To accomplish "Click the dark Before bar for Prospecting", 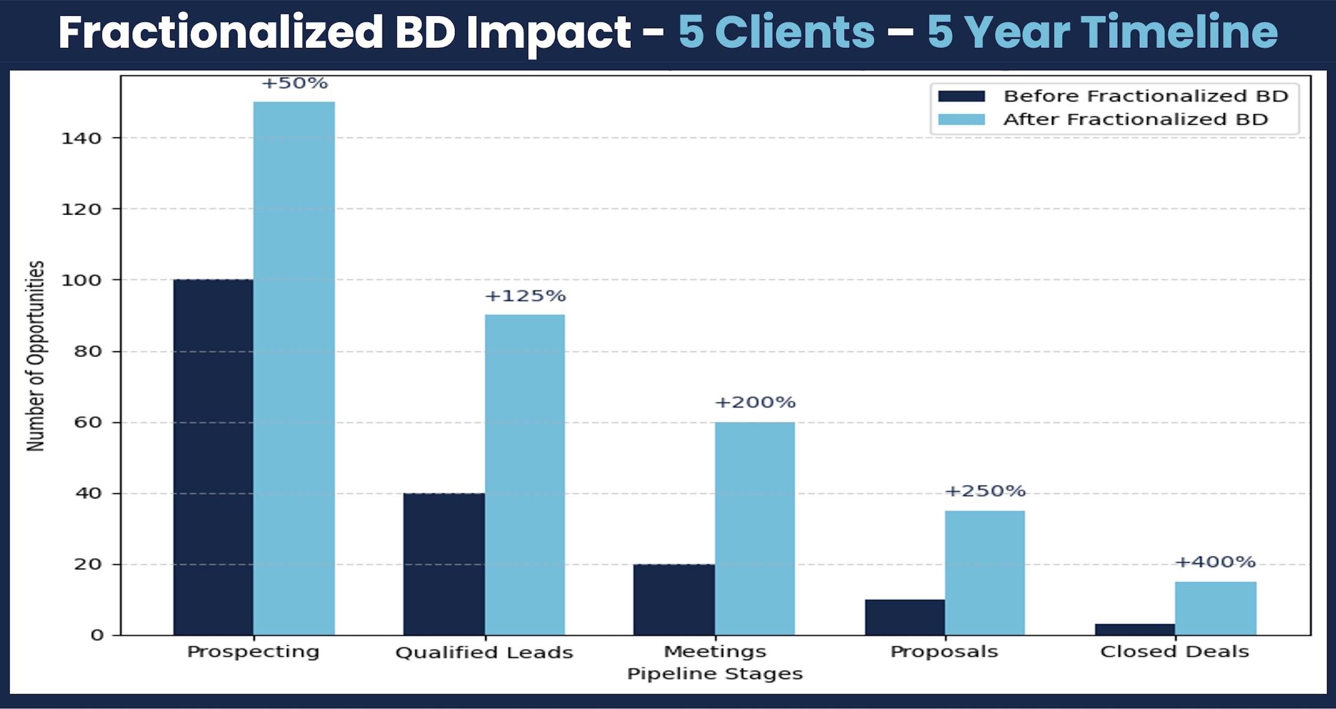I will pos(213,457).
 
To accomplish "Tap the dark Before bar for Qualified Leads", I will pos(444,564).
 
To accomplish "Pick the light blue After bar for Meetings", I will pos(755,528).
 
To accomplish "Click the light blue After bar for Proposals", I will pos(985,572).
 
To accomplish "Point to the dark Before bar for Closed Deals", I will pos(1135,629).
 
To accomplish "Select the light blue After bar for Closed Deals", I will pos(1215,608).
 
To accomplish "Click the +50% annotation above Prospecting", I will pos(294,83).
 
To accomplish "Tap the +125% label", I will pos(525,296).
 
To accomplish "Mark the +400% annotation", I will pos(1215,562).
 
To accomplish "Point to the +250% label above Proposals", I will pos(985,491).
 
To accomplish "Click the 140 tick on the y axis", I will pos(81,139).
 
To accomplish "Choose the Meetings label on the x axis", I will pos(715,652).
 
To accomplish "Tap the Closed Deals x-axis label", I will pos(1174,652).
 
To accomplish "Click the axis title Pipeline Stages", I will pos(715,674).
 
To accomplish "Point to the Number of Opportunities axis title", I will pos(36,356).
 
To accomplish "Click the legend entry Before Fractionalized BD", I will pos(1146,96).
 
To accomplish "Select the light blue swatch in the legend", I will pos(961,120).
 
